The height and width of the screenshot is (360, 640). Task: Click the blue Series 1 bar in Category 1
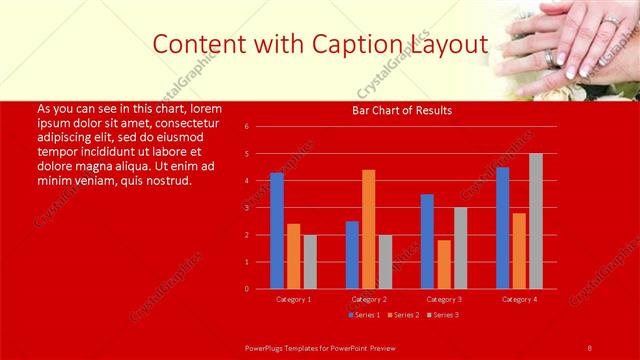tap(277, 231)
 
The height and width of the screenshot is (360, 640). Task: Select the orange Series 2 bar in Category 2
tap(369, 229)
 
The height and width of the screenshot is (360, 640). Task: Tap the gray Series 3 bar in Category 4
tap(536, 221)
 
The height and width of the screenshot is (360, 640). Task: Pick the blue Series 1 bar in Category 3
tap(427, 241)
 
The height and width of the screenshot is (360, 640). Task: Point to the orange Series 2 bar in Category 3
tap(444, 264)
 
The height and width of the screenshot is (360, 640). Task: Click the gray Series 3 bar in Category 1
tap(310, 262)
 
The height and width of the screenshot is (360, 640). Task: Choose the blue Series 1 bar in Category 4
tap(502, 228)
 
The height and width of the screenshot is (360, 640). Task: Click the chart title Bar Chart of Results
tap(402, 110)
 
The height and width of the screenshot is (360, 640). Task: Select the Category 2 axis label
tap(369, 299)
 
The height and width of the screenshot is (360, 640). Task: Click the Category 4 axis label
tap(519, 299)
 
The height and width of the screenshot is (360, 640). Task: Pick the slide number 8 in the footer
tap(590, 346)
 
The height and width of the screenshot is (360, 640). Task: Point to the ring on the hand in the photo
tap(554, 58)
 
